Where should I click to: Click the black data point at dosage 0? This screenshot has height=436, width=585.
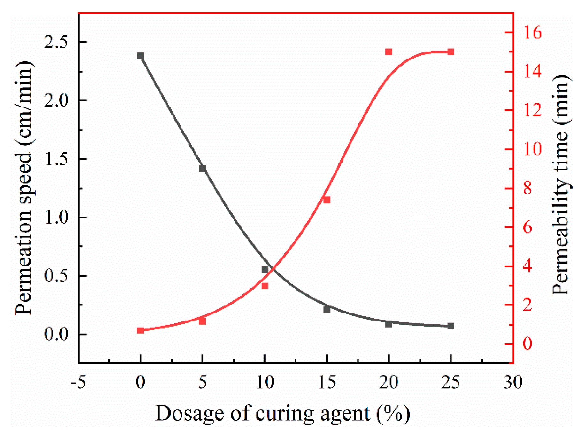click(140, 56)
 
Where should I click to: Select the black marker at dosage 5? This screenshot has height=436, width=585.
click(202, 169)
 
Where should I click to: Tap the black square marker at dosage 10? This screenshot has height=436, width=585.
click(265, 270)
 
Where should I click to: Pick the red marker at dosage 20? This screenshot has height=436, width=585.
click(389, 52)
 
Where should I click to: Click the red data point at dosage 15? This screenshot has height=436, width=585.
click(327, 200)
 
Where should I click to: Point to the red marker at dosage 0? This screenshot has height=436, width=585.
click(140, 330)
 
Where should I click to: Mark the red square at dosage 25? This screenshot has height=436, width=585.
click(451, 52)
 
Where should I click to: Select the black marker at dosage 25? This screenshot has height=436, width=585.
click(451, 326)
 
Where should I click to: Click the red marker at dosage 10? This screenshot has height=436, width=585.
click(265, 286)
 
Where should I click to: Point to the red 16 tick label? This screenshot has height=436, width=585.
click(532, 32)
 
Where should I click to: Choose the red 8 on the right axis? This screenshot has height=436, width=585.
click(527, 188)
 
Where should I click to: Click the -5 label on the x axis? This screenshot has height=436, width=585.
click(78, 382)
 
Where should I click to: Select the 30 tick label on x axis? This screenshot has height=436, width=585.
click(513, 382)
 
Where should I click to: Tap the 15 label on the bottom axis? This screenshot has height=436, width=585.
click(327, 382)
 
